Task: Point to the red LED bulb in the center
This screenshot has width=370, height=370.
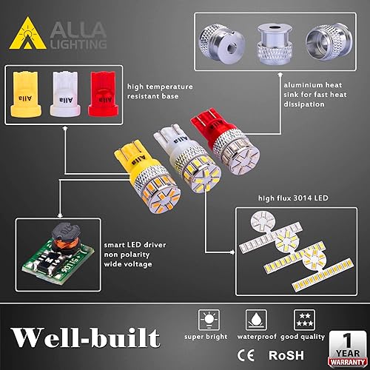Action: coord(214,144)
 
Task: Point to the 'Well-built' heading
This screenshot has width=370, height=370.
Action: coord(87,337)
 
